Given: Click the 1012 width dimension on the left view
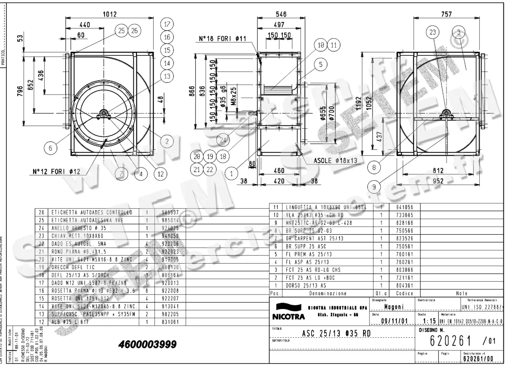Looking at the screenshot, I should (109, 14).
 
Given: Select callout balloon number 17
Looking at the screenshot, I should (167, 24).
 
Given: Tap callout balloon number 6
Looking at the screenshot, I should (51, 148).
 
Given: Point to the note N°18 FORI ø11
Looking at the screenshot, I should (223, 39).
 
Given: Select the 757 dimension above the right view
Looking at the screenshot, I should (446, 14).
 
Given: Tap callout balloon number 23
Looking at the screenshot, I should (433, 32).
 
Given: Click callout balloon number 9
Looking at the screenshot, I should (374, 186).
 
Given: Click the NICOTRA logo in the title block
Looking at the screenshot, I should (288, 312).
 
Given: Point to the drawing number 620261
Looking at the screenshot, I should (450, 341).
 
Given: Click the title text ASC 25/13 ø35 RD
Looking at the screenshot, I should (336, 333).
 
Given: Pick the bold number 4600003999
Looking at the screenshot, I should (148, 345).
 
